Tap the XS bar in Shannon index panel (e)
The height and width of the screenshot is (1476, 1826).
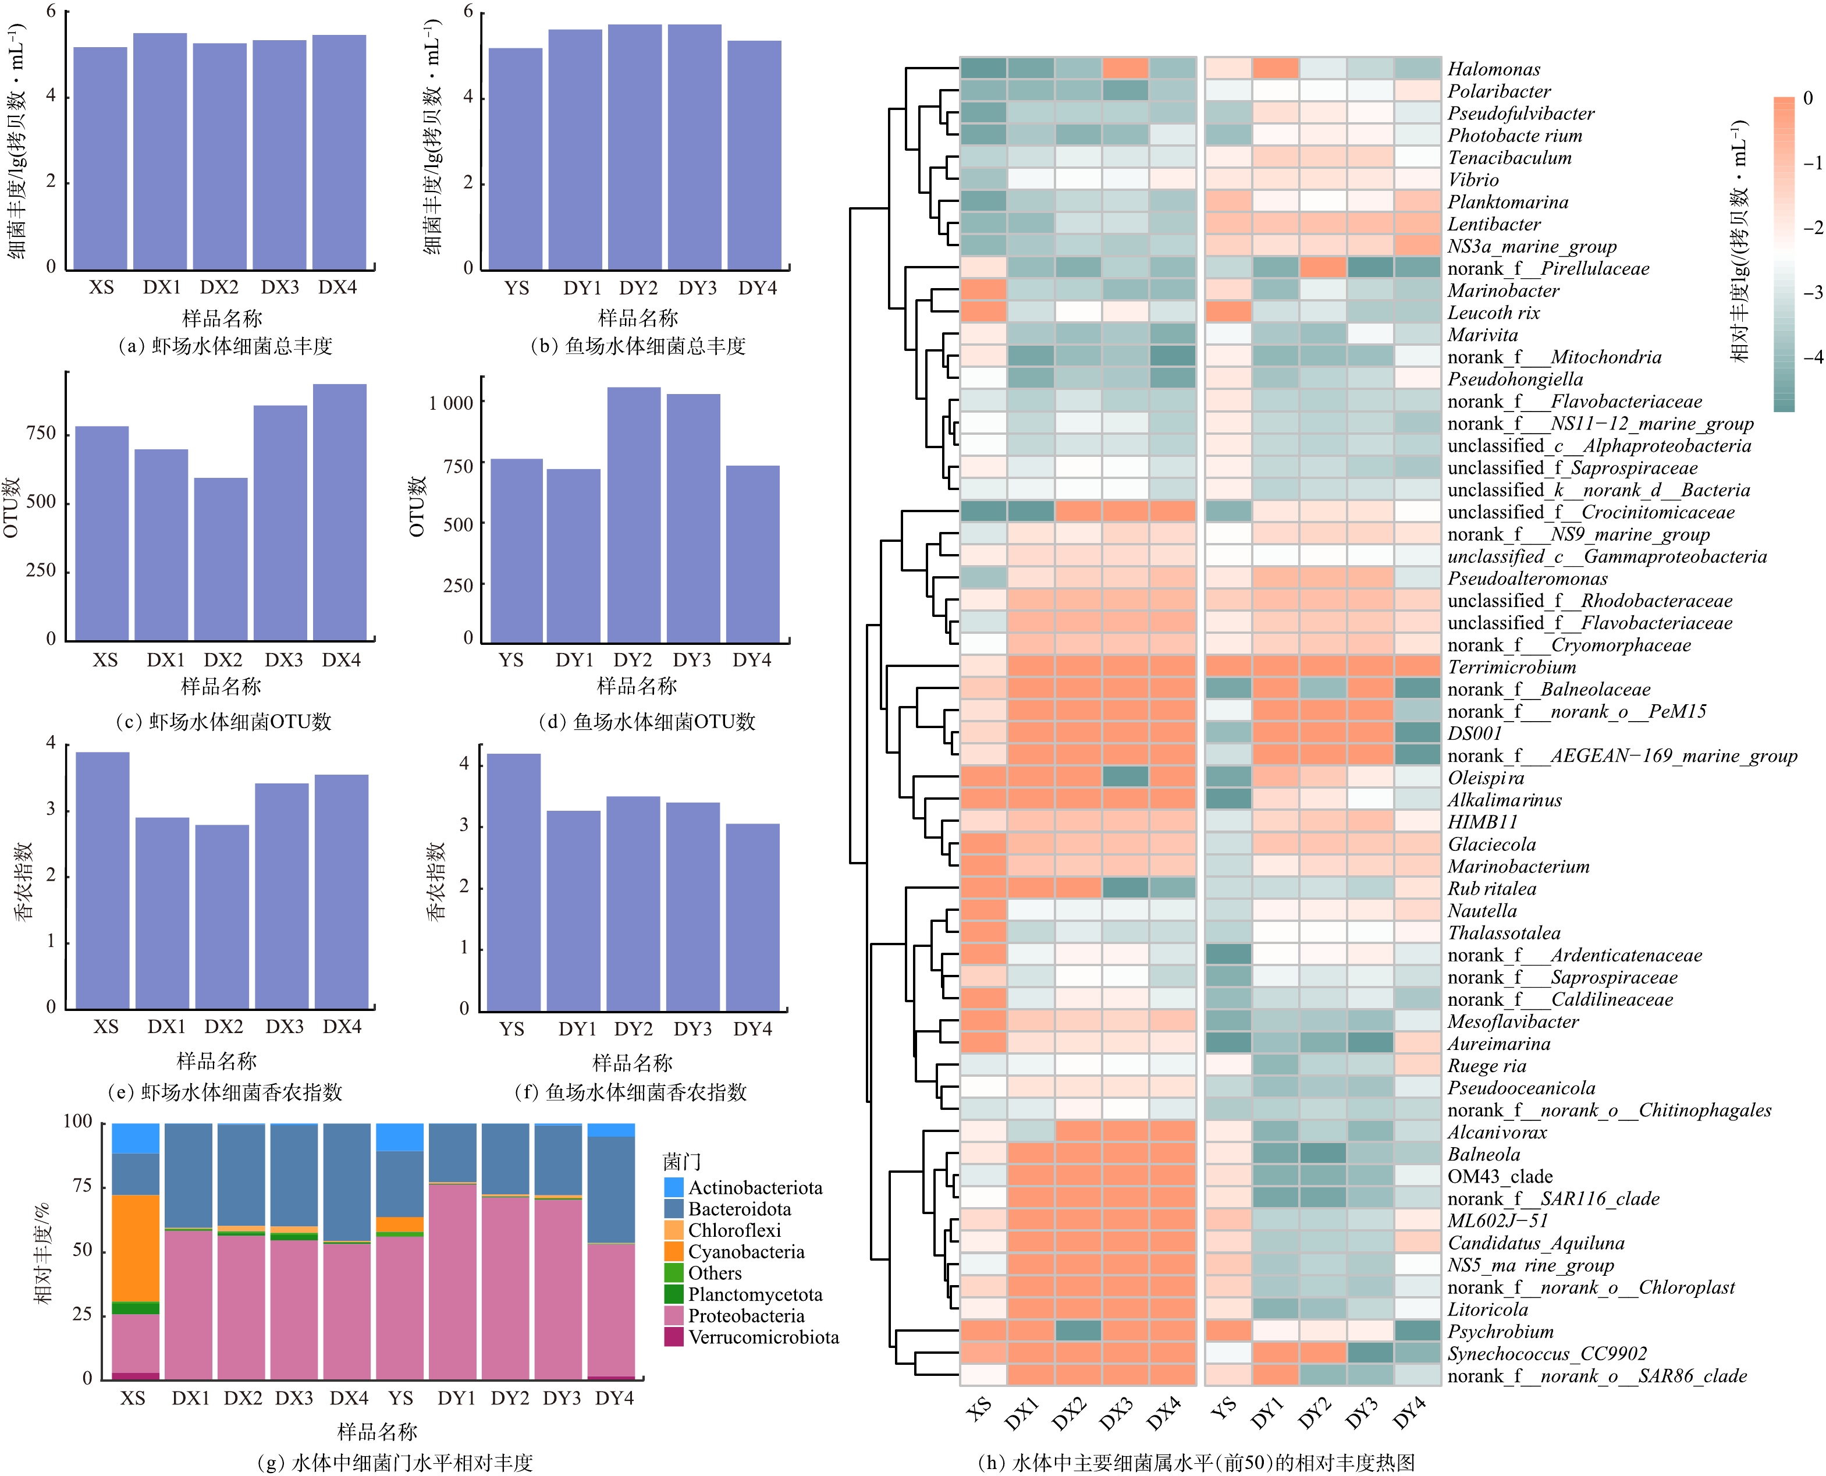(x=103, y=880)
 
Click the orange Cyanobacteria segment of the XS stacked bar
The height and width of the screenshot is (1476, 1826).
(x=136, y=1247)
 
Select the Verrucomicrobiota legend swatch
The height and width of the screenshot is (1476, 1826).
(x=673, y=1337)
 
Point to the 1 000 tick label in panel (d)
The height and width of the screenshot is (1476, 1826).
(x=450, y=403)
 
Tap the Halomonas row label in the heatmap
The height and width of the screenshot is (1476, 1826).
(x=1494, y=70)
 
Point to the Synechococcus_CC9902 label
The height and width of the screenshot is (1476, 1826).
(x=1547, y=1354)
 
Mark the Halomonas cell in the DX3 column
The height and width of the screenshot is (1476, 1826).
(x=1125, y=68)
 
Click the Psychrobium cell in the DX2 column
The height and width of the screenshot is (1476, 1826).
(x=1078, y=1330)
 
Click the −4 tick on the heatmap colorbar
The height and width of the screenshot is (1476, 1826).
(x=1813, y=357)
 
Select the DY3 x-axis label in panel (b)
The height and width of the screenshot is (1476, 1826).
(x=697, y=288)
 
